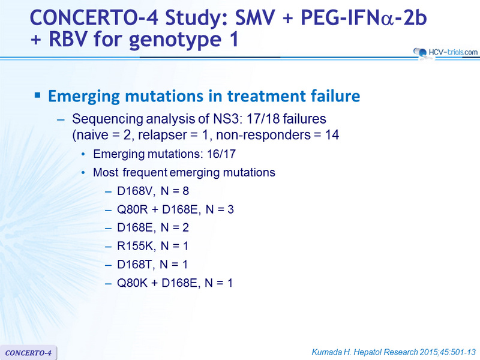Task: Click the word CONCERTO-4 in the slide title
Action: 94,18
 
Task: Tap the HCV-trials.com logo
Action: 445,52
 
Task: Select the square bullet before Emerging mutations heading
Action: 38,95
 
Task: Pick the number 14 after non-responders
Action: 332,135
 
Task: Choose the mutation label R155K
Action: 136,246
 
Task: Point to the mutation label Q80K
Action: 132,283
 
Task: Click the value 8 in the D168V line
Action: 186,191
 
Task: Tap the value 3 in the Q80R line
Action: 230,209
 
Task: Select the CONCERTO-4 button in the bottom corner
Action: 28,353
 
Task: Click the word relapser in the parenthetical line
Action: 163,136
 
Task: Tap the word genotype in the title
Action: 175,40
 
